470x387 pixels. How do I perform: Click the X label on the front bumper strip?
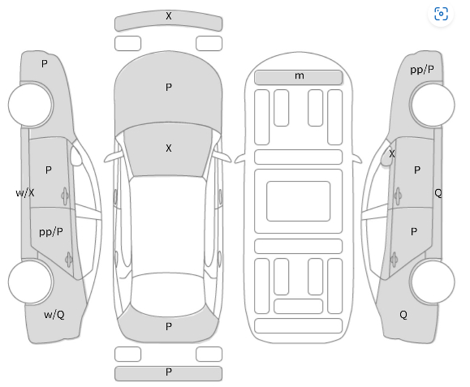[169, 16]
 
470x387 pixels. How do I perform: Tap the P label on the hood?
[169, 87]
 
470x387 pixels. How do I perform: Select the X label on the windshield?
[169, 148]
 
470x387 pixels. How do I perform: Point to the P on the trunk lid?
[169, 326]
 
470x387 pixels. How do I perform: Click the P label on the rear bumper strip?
[169, 372]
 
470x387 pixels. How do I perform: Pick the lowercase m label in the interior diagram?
[300, 75]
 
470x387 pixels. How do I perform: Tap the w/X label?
[25, 193]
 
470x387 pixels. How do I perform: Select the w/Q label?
[54, 315]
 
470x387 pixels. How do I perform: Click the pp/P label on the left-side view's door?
[51, 232]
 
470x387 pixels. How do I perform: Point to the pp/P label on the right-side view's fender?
[422, 70]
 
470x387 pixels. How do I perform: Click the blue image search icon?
[441, 14]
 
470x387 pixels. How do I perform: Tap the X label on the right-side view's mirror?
[392, 154]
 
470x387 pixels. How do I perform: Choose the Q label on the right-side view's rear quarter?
[403, 315]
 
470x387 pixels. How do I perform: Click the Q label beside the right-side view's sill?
[438, 193]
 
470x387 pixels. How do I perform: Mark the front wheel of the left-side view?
[31, 105]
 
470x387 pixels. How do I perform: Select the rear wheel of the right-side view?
[432, 282]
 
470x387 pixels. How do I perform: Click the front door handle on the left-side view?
[65, 196]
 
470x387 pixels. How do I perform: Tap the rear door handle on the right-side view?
[394, 260]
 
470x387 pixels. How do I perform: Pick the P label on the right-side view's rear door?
[414, 231]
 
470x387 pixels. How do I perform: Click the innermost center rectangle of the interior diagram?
[298, 201]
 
